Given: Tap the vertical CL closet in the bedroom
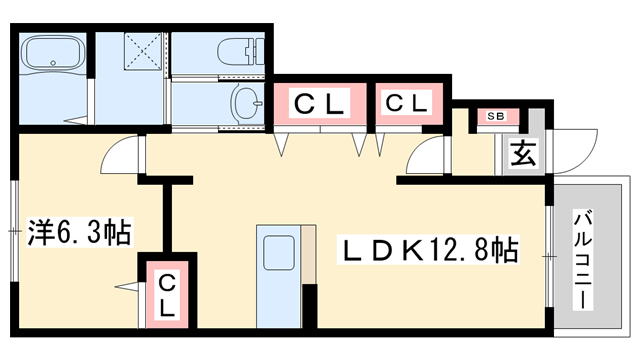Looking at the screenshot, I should point(166,296).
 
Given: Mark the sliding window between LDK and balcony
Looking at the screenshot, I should point(548,256).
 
